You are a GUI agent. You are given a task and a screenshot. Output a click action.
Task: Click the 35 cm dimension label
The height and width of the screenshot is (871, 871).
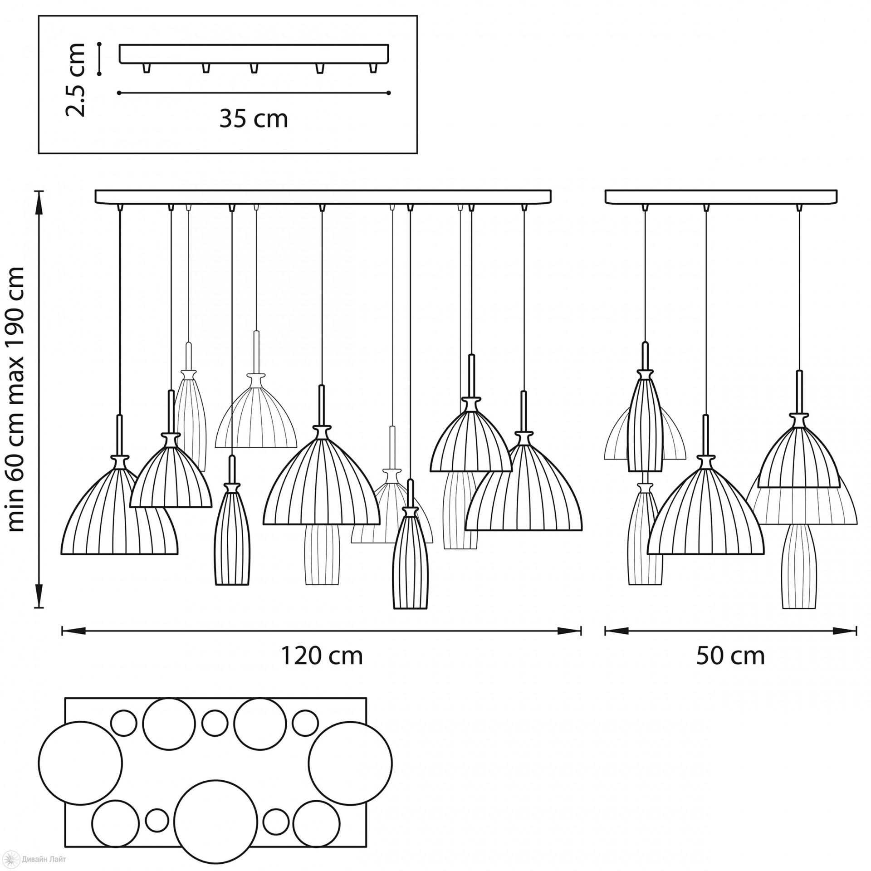tap(254, 120)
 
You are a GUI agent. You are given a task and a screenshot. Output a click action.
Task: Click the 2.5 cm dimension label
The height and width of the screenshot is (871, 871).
tap(75, 80)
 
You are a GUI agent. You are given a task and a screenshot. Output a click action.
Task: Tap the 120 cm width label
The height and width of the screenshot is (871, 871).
tap(322, 656)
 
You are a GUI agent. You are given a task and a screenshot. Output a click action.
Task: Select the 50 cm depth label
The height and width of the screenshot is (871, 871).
tap(730, 656)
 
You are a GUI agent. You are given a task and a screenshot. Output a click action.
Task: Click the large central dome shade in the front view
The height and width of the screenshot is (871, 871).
tap(322, 485)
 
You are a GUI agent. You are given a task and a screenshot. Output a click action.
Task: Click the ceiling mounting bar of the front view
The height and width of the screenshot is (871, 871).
tap(323, 196)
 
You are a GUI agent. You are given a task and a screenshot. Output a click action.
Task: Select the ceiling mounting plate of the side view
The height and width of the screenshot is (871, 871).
tap(721, 196)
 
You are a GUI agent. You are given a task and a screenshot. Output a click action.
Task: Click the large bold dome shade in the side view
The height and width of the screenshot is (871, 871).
tap(705, 517)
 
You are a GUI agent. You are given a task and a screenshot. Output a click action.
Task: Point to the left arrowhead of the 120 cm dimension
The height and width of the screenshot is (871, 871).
tap(73, 631)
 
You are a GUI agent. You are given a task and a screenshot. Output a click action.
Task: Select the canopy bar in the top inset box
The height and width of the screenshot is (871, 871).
tap(254, 53)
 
